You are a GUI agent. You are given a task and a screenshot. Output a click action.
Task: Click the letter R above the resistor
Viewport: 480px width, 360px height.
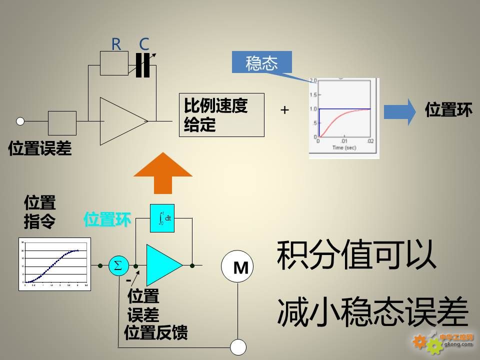[116, 44]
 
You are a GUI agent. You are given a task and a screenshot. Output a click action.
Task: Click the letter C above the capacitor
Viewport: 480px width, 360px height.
[144, 44]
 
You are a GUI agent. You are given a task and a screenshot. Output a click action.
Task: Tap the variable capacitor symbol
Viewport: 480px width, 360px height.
[143, 65]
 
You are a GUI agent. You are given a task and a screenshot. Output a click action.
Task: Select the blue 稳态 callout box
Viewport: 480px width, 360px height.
[261, 63]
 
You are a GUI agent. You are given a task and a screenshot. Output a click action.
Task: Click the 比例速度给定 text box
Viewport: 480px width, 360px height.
[221, 114]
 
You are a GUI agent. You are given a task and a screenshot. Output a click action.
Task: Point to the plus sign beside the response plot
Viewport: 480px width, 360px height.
[284, 110]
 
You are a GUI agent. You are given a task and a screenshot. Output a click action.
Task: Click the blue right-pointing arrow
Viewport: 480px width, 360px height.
[399, 111]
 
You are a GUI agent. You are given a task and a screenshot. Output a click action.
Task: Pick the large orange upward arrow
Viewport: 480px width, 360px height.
[163, 172]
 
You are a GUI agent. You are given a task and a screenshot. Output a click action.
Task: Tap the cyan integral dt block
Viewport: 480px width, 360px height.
[162, 218]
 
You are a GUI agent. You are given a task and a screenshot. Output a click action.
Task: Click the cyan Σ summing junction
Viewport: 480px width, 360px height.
[118, 265]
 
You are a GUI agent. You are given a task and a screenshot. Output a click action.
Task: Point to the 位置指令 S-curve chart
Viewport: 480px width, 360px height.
[55, 264]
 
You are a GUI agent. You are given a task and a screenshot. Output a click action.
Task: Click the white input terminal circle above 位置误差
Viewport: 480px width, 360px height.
[20, 121]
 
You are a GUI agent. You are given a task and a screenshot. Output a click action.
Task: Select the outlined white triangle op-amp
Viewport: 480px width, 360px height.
[122, 121]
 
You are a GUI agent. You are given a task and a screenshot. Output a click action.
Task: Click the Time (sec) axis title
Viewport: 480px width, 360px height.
[343, 148]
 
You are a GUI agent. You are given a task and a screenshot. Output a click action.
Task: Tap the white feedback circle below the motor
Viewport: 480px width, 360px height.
[238, 346]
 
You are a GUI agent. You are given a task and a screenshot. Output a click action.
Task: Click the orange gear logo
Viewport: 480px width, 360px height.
[419, 341]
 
